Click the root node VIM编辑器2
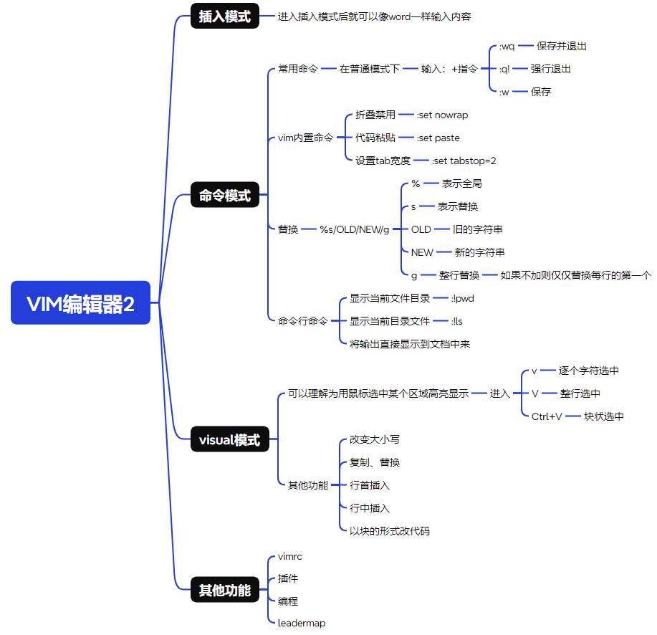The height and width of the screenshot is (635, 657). click(x=80, y=303)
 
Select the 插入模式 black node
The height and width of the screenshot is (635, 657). click(x=224, y=16)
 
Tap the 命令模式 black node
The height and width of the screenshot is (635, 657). click(x=224, y=195)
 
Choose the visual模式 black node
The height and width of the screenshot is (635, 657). click(x=229, y=439)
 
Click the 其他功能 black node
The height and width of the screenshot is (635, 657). click(x=224, y=591)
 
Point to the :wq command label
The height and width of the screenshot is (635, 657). click(x=507, y=46)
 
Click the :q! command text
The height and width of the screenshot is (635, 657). click(x=504, y=69)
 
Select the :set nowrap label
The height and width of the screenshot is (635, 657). click(x=442, y=115)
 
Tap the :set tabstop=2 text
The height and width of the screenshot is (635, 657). click(x=464, y=161)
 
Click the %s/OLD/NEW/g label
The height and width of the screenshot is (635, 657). click(x=355, y=229)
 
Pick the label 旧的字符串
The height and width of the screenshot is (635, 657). click(x=477, y=229)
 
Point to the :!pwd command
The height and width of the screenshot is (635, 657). click(x=462, y=298)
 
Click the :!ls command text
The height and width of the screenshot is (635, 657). click(x=456, y=321)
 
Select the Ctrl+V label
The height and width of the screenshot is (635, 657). click(x=547, y=416)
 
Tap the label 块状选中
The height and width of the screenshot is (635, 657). click(x=603, y=416)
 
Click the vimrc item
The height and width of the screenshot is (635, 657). click(x=289, y=555)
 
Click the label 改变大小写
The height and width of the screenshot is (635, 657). click(x=375, y=439)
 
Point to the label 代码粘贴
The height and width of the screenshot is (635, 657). click(x=375, y=138)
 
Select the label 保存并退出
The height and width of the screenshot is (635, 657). click(x=562, y=46)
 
